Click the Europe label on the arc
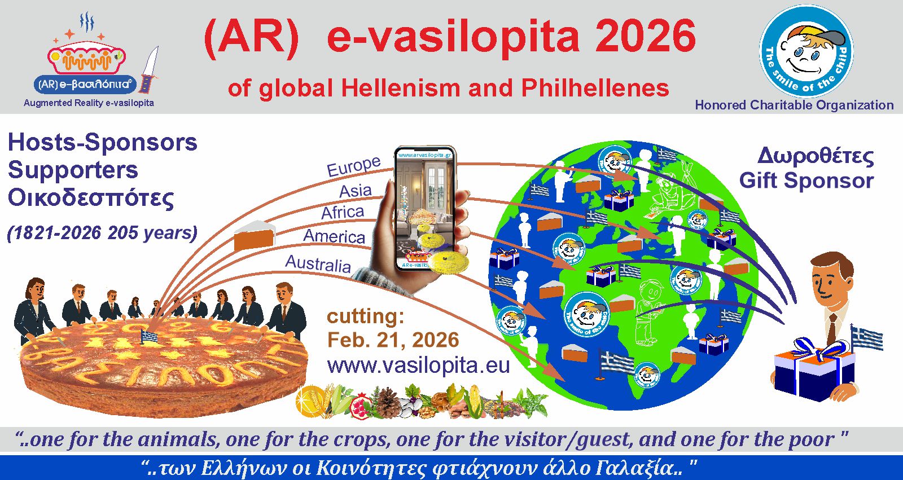[x=354, y=165]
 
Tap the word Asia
[x=356, y=191]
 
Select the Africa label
[x=343, y=212]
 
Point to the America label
[x=334, y=235]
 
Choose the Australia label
[x=318, y=263]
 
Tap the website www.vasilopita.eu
[x=418, y=365]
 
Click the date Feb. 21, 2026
[x=393, y=340]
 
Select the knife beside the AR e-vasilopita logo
[x=149, y=71]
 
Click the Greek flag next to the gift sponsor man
[x=866, y=337]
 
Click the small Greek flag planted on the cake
[x=149, y=337]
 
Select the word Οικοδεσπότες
[x=91, y=197]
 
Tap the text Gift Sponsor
[x=806, y=180]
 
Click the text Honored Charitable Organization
[x=794, y=105]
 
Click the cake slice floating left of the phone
[x=254, y=235]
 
